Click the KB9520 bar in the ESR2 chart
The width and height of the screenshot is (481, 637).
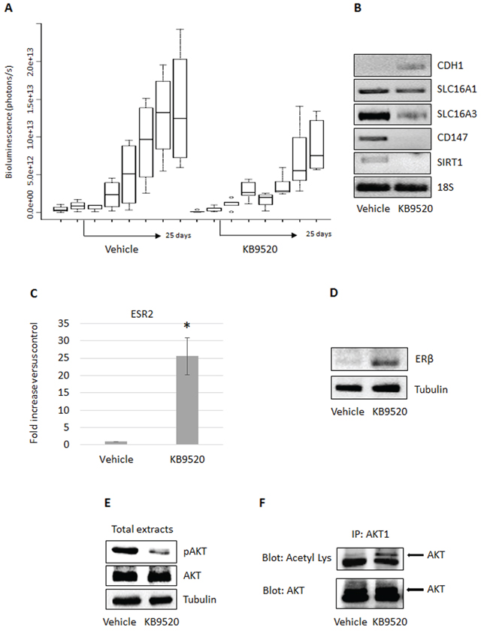click(187, 400)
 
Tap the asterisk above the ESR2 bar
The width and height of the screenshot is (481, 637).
click(187, 326)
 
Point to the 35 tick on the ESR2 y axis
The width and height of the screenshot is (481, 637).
click(63, 324)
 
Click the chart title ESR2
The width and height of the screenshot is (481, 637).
click(142, 314)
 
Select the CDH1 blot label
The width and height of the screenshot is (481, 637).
click(450, 65)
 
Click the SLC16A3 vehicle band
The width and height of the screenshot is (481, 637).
click(374, 116)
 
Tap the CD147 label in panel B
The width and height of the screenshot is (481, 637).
click(452, 137)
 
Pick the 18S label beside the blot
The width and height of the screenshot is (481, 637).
click(445, 187)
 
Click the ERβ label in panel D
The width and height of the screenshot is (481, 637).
click(424, 359)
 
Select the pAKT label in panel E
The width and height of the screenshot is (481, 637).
click(195, 551)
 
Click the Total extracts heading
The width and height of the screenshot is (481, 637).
click(142, 529)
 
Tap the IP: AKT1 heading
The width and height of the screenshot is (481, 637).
click(371, 534)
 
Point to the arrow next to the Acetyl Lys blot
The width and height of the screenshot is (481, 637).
click(415, 555)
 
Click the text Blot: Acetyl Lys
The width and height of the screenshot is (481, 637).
click(297, 558)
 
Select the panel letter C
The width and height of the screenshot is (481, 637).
click(34, 293)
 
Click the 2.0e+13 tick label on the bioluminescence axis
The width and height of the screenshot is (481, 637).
click(31, 62)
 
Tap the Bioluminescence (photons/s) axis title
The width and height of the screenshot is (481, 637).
click(9, 122)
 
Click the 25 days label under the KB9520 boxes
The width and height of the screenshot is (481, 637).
click(319, 234)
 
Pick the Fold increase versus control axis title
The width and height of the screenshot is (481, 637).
click(34, 382)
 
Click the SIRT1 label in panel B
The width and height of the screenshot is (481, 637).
click(449, 162)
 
